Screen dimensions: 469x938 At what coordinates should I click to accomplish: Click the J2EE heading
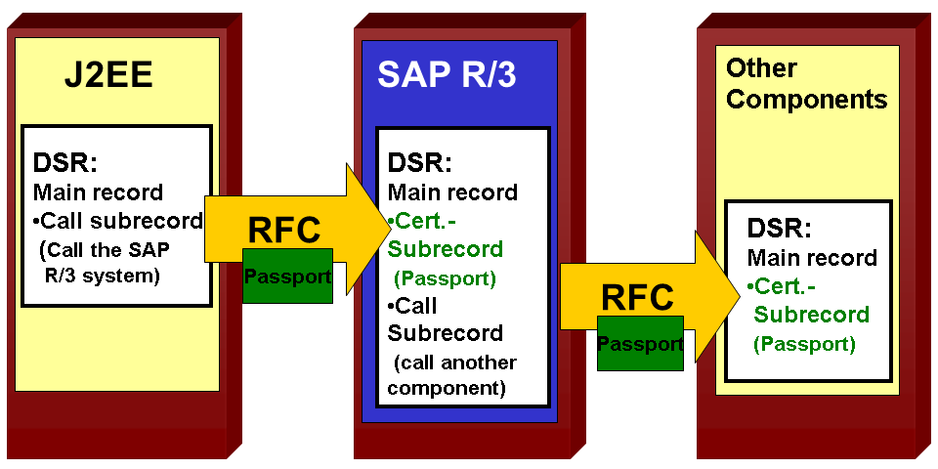(108, 76)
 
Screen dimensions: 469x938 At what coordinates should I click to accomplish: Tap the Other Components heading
(807, 84)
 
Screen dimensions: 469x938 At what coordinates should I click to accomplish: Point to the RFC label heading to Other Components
(638, 297)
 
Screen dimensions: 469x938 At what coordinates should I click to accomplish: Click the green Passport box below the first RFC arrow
(287, 276)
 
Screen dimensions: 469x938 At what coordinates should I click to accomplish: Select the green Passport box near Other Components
(640, 344)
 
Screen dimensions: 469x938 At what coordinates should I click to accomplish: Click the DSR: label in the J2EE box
(64, 162)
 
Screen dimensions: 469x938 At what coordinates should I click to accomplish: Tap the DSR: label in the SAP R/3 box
(420, 162)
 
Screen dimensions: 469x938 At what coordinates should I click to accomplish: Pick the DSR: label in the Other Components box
(779, 230)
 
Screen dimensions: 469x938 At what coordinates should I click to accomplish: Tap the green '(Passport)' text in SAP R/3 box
(445, 278)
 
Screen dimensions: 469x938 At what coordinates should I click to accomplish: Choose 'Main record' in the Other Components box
(812, 259)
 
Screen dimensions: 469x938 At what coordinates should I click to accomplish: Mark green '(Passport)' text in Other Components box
(804, 344)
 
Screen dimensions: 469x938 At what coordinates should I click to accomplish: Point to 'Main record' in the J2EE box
(98, 192)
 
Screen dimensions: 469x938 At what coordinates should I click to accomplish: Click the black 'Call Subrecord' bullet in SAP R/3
(446, 320)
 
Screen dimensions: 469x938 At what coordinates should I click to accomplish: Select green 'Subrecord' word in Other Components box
(811, 315)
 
